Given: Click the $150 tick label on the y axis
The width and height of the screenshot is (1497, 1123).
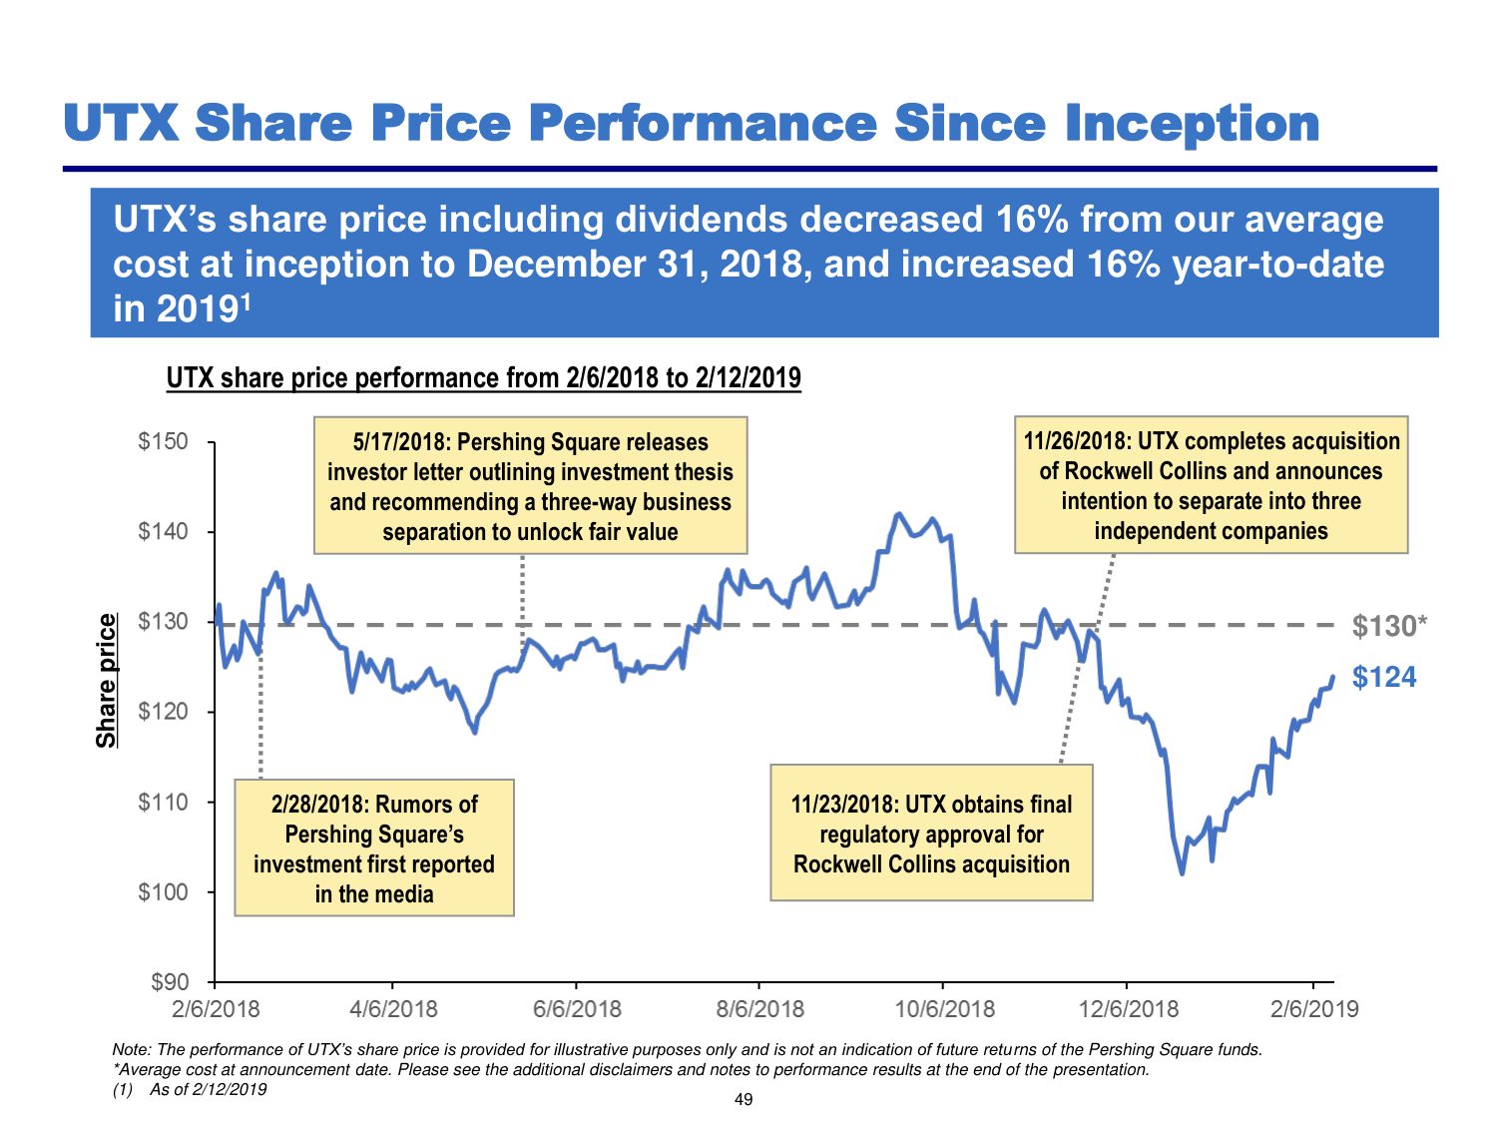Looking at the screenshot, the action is [x=163, y=442].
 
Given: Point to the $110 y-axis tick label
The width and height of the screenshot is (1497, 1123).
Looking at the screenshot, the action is [x=163, y=802].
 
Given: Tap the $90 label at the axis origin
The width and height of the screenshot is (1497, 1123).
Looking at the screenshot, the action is [x=170, y=982].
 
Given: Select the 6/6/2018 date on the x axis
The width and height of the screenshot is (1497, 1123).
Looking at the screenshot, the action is [x=577, y=1009].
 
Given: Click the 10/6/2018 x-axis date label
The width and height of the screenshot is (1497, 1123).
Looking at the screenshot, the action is [x=944, y=1009].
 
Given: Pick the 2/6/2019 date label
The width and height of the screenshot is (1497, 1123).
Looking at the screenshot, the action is [x=1314, y=1009].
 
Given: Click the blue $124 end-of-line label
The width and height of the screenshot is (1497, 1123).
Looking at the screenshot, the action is [x=1384, y=677].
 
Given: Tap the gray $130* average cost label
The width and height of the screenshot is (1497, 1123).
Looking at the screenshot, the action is [x=1389, y=626].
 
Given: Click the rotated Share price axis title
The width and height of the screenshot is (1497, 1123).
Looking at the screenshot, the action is [x=106, y=681].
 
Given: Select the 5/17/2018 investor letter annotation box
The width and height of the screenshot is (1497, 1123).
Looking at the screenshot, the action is [x=530, y=485].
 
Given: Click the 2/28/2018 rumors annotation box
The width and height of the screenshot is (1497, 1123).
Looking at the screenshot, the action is [x=373, y=847].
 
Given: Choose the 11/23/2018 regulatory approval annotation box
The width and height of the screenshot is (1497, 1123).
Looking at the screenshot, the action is [x=931, y=834].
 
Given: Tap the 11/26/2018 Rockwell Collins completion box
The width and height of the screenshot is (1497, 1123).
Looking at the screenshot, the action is [x=1211, y=485].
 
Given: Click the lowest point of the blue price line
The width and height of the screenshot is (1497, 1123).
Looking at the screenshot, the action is [x=1182, y=873].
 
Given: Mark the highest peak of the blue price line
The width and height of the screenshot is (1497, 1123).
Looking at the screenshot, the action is [x=899, y=513].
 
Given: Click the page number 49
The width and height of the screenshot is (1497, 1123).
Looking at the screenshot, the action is [x=744, y=1099].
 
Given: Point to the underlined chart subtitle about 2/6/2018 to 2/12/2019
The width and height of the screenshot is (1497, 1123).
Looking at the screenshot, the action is [x=484, y=377].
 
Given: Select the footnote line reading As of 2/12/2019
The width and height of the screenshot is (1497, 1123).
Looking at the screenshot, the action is [x=190, y=1090].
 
